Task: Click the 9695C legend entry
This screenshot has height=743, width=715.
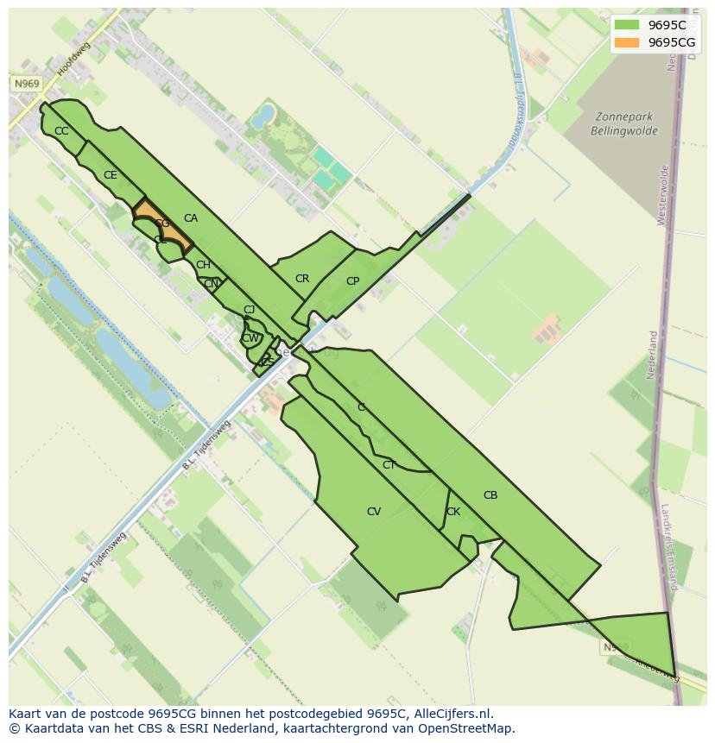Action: click(x=654, y=25)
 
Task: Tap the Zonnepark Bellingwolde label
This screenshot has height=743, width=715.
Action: click(x=623, y=124)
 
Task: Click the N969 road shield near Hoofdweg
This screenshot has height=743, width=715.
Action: click(x=27, y=84)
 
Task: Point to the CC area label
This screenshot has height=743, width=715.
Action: click(x=61, y=131)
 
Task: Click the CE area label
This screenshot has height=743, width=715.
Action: click(x=110, y=175)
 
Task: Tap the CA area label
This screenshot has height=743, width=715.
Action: click(x=191, y=218)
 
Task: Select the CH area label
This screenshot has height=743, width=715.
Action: click(x=203, y=265)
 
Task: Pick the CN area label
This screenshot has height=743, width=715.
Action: click(x=211, y=283)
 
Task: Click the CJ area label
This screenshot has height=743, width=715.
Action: click(x=249, y=310)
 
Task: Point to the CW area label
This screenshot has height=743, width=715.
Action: click(x=250, y=338)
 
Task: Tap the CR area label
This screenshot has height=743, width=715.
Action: click(x=302, y=279)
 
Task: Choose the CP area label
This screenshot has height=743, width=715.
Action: click(x=352, y=281)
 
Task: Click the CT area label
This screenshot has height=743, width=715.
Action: click(x=389, y=465)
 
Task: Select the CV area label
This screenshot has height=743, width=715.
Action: click(x=374, y=512)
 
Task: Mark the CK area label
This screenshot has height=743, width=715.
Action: click(x=453, y=512)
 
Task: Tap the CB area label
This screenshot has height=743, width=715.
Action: click(x=490, y=495)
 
